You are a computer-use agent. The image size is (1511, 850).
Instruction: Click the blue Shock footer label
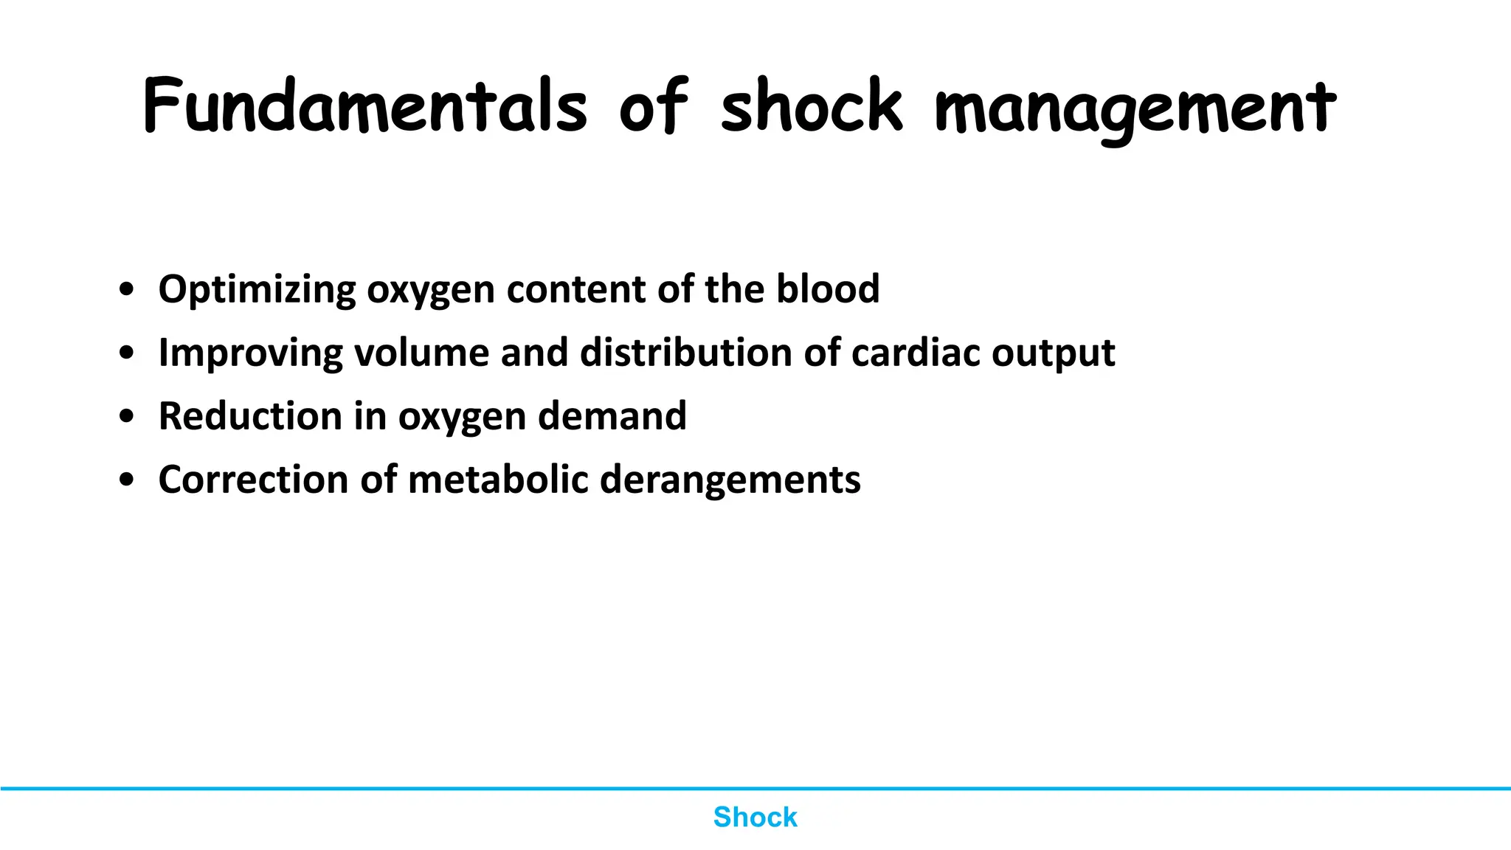point(755,817)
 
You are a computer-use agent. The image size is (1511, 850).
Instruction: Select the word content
point(576,288)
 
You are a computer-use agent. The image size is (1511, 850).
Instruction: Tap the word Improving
point(251,353)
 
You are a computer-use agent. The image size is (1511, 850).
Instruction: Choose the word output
point(1053,353)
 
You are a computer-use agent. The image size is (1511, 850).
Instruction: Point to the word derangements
point(730,480)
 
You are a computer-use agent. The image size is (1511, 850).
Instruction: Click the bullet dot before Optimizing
point(127,290)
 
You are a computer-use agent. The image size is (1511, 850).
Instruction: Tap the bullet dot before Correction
point(127,480)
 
